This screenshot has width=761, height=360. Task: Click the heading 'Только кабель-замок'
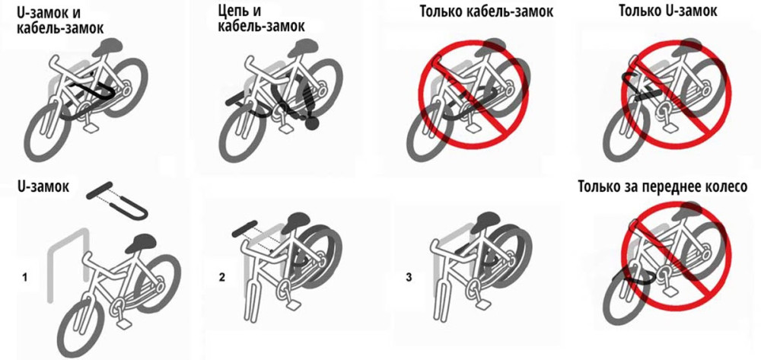click(x=486, y=11)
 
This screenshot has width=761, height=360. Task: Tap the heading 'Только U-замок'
click(x=668, y=11)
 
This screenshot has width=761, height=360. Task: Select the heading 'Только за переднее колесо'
click(x=663, y=186)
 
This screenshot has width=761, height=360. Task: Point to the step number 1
click(x=24, y=278)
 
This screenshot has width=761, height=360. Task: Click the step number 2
click(x=221, y=278)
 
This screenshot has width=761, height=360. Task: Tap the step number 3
click(x=409, y=278)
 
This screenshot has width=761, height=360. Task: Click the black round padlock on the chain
click(x=311, y=124)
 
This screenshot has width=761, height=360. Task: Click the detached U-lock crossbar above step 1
click(x=99, y=190)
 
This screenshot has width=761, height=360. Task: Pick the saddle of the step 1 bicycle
click(x=141, y=243)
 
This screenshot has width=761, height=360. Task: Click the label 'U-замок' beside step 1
click(x=43, y=186)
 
